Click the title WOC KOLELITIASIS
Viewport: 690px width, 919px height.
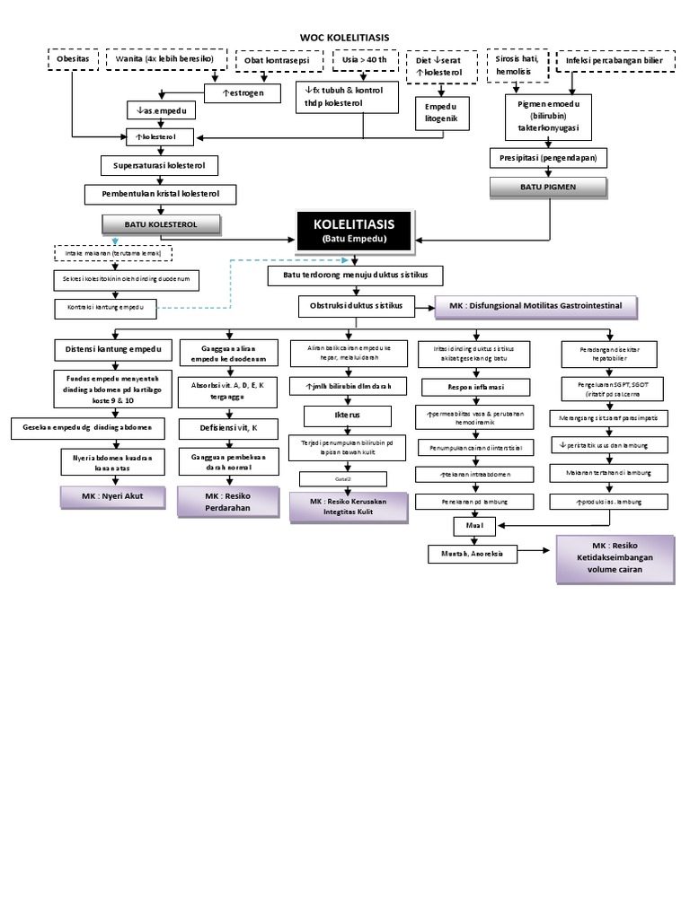click(344, 37)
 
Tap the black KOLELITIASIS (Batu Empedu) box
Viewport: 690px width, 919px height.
click(353, 230)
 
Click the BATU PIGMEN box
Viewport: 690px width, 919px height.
click(548, 188)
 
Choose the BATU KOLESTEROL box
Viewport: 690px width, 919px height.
click(161, 223)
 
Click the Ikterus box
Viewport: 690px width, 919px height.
click(347, 416)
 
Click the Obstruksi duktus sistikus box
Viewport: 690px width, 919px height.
click(357, 307)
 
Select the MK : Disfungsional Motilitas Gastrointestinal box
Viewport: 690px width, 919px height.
click(536, 307)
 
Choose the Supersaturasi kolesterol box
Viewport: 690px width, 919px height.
click(159, 166)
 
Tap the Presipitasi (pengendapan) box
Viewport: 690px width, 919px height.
click(548, 158)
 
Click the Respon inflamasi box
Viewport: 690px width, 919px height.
click(475, 388)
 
